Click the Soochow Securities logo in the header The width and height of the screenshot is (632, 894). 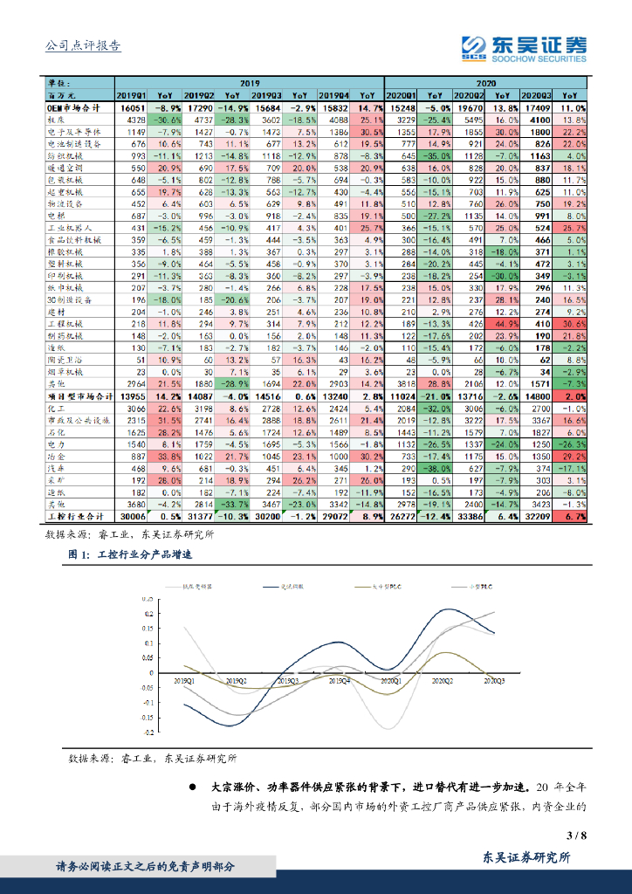coord(524,49)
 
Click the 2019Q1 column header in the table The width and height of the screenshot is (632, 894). coord(132,95)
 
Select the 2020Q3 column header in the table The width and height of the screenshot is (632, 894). coord(537,95)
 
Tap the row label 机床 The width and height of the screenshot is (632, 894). coord(58,119)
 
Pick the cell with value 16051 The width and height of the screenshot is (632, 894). coord(132,107)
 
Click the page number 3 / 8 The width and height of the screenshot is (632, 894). coord(576,836)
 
